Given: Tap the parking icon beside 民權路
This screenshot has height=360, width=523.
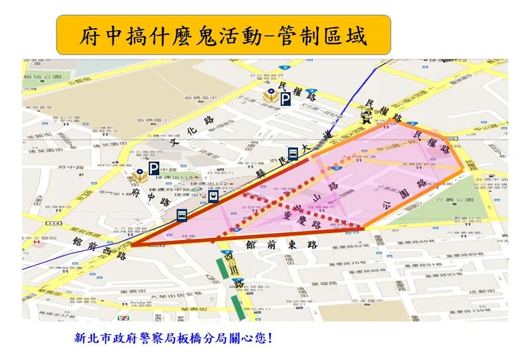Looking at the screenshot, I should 286,100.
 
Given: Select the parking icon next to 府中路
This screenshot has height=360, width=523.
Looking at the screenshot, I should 153,168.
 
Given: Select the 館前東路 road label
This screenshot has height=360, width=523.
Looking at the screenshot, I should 282,245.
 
